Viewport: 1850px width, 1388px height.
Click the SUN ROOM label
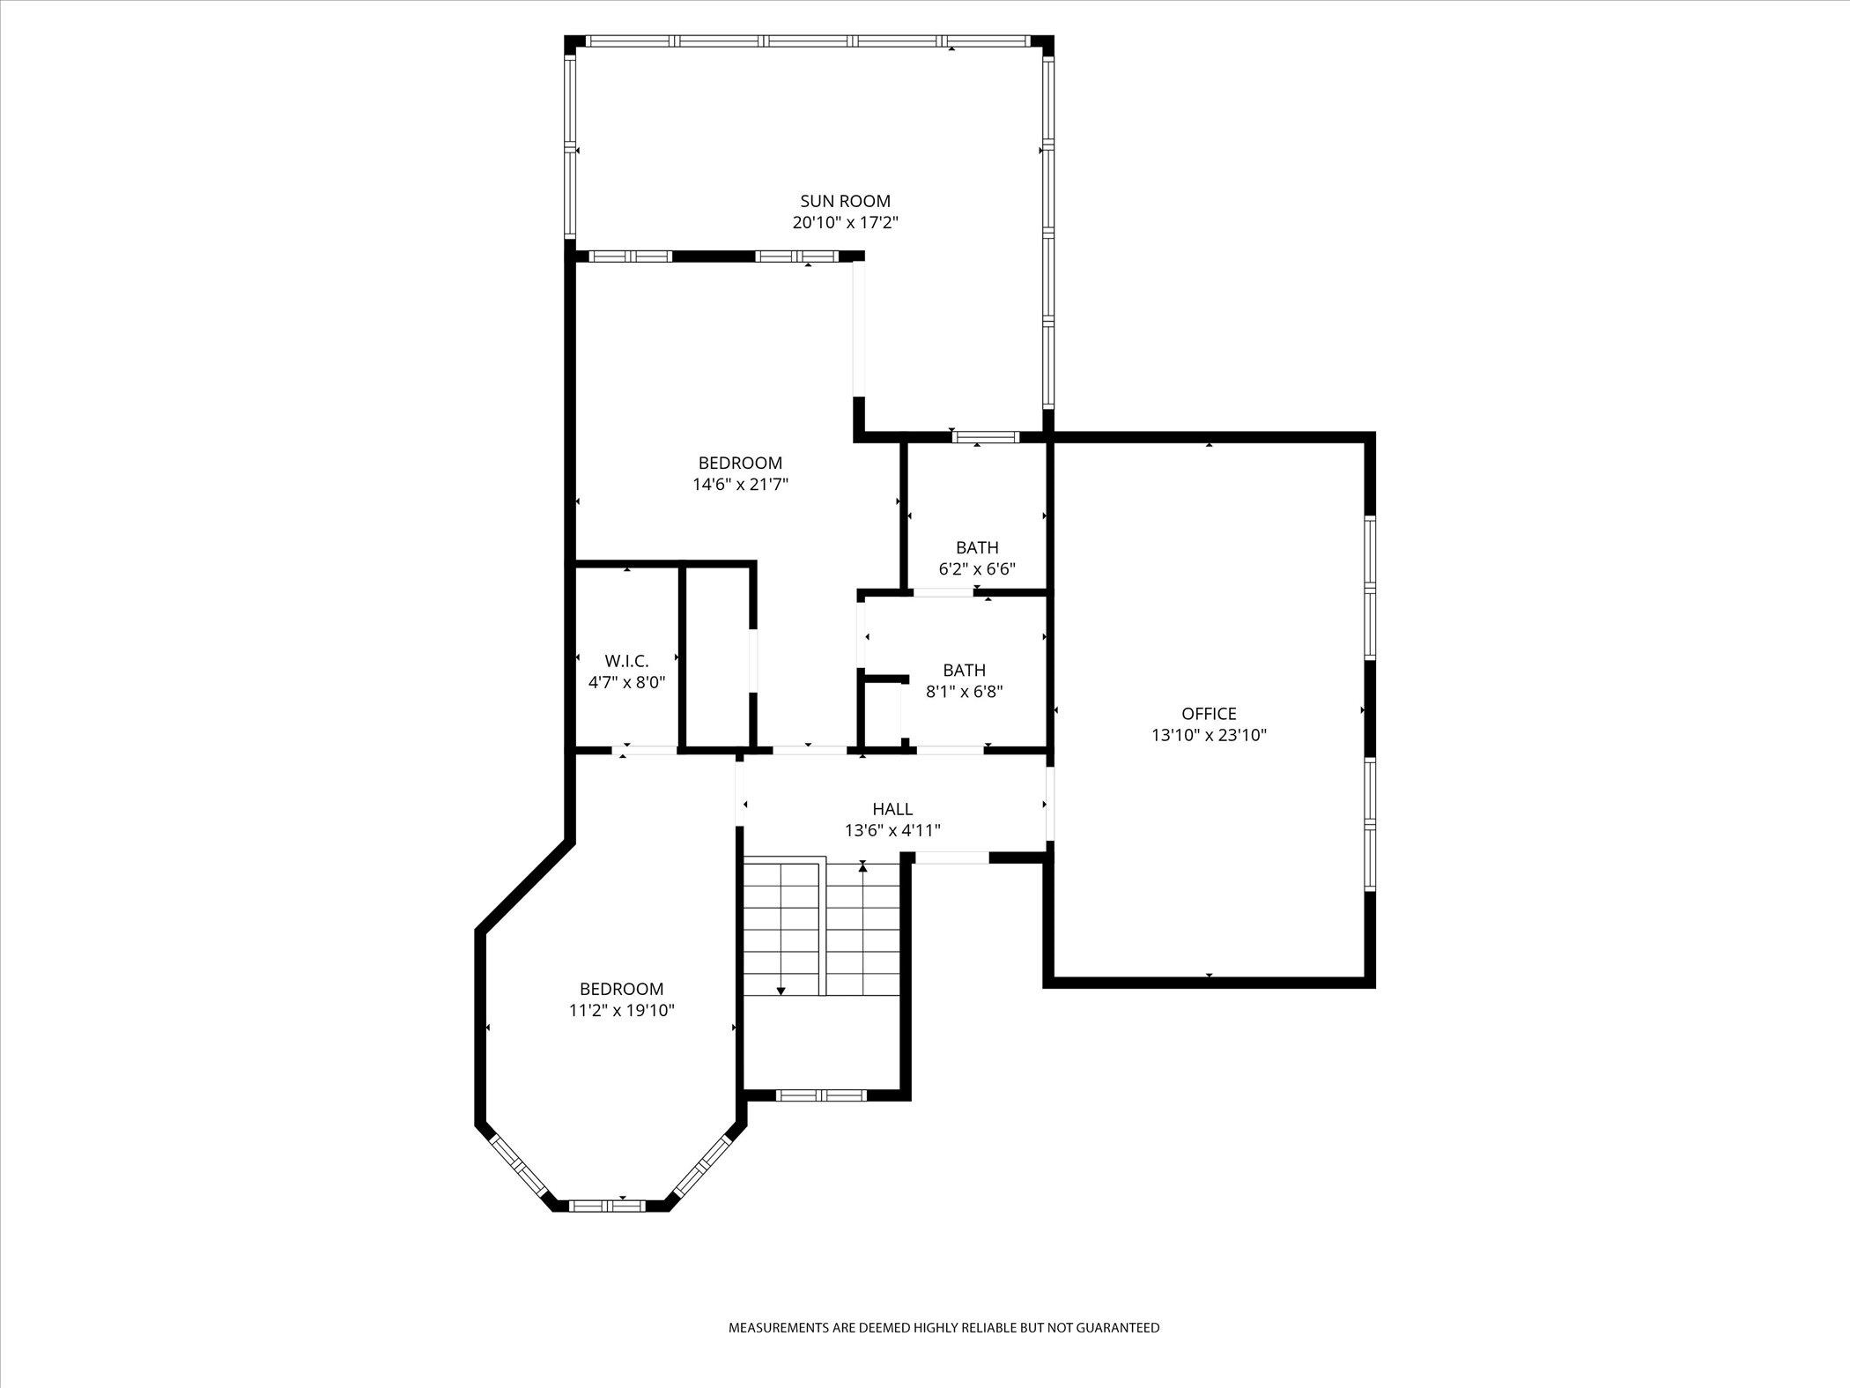click(845, 201)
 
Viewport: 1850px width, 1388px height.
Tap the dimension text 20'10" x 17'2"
click(845, 223)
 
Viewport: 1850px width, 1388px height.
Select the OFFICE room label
click(1209, 714)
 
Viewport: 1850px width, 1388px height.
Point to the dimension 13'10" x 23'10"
click(1209, 735)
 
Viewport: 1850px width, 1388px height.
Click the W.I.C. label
click(626, 661)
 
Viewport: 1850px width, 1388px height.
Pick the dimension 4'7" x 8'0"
click(626, 682)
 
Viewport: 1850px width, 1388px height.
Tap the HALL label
click(892, 809)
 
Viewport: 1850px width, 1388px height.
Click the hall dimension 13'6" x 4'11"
click(892, 830)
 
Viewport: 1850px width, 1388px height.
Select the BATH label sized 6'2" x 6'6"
click(977, 547)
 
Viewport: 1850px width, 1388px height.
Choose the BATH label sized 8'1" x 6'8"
click(964, 670)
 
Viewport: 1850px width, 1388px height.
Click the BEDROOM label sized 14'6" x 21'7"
click(740, 463)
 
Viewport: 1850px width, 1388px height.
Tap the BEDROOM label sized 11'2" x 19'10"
click(621, 989)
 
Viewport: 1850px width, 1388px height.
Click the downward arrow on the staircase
click(781, 991)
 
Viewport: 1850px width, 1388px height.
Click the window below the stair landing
click(821, 1095)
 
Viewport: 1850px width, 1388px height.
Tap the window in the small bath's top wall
click(986, 437)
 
